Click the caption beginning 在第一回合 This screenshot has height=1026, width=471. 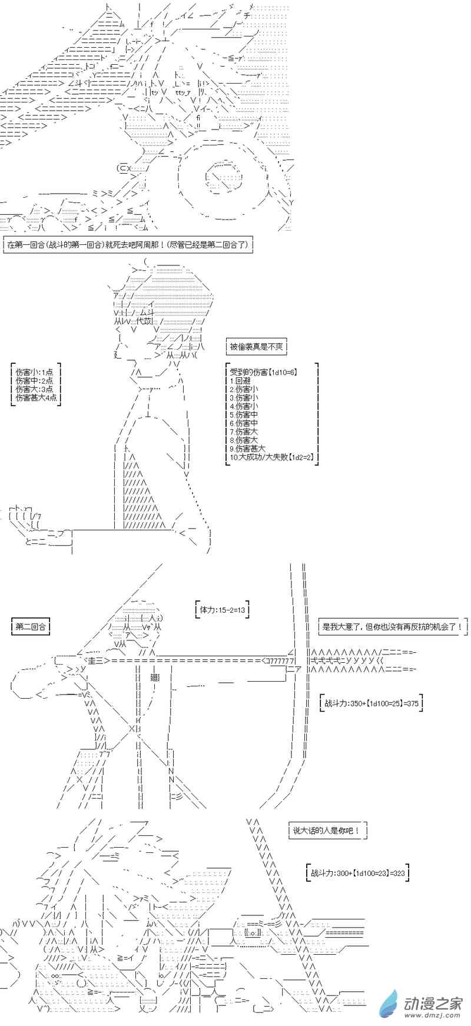point(128,244)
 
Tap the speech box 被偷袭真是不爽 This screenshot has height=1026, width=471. point(256,347)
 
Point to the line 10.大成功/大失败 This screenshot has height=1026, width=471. point(271,457)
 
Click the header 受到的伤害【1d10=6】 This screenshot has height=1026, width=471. point(263,372)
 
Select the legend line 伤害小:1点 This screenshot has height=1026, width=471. point(34,372)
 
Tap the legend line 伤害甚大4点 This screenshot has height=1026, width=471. point(37,397)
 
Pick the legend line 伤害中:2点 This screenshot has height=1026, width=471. point(34,380)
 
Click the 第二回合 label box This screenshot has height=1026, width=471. point(31,626)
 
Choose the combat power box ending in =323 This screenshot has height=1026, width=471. point(358,874)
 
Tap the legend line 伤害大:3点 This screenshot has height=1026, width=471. point(34,389)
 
